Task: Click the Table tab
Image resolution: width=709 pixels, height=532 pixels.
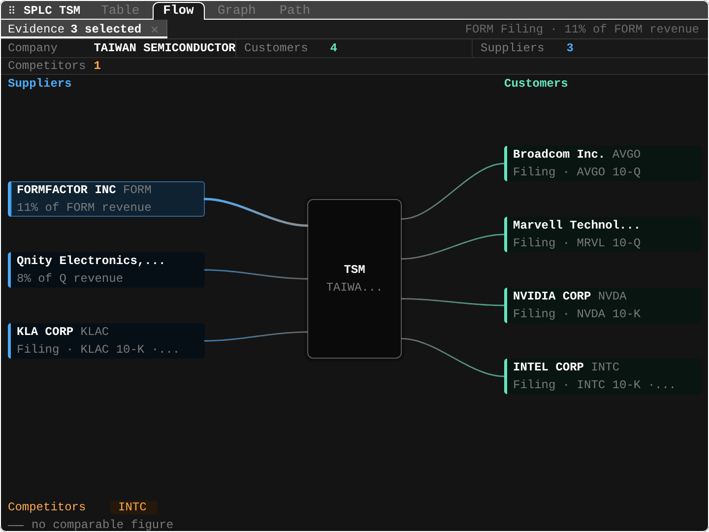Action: [120, 10]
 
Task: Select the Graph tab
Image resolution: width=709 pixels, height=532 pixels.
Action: [236, 10]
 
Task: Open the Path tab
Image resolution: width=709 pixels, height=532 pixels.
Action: [294, 10]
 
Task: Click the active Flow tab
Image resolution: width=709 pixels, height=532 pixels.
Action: [179, 10]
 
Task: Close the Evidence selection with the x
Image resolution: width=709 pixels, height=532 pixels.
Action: [155, 30]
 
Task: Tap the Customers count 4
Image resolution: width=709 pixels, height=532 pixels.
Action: [334, 48]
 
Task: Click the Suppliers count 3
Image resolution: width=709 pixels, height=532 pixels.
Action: [570, 48]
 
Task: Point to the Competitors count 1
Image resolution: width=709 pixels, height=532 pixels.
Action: [97, 66]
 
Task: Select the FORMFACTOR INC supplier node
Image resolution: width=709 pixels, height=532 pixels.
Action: [106, 199]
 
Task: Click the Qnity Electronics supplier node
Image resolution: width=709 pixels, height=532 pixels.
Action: [106, 270]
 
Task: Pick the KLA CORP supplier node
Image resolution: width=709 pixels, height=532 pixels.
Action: [106, 341]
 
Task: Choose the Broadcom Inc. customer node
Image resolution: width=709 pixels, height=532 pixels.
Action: [603, 164]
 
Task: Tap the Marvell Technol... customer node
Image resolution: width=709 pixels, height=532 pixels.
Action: [603, 234]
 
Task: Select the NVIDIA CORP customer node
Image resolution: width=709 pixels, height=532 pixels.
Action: [603, 305]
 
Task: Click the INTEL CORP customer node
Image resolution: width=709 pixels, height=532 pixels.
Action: [603, 376]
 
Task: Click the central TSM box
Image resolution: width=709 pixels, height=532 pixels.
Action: [354, 278]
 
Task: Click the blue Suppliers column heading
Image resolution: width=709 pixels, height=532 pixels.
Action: [39, 83]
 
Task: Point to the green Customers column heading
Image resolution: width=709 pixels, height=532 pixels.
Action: [536, 83]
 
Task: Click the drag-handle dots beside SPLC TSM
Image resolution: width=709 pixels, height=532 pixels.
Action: [12, 10]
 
